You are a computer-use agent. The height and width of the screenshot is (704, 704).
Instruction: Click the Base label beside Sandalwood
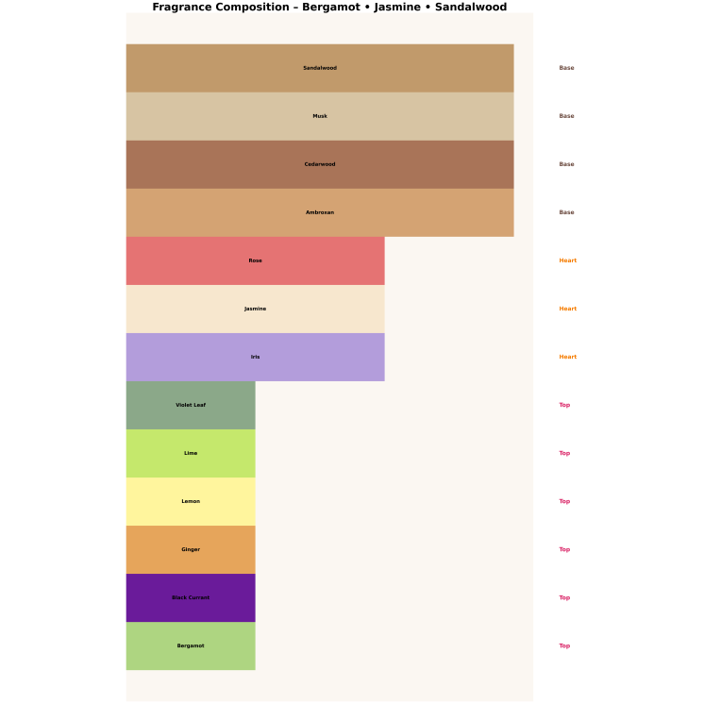point(566,68)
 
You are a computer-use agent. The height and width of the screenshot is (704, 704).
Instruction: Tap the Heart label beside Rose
point(567,260)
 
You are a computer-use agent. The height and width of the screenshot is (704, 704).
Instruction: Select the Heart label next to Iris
point(567,357)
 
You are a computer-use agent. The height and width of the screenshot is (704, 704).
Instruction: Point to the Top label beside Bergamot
point(564,645)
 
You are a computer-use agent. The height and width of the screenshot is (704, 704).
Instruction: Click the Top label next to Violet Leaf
point(564,405)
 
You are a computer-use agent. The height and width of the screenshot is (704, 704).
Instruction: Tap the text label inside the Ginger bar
point(191,549)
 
